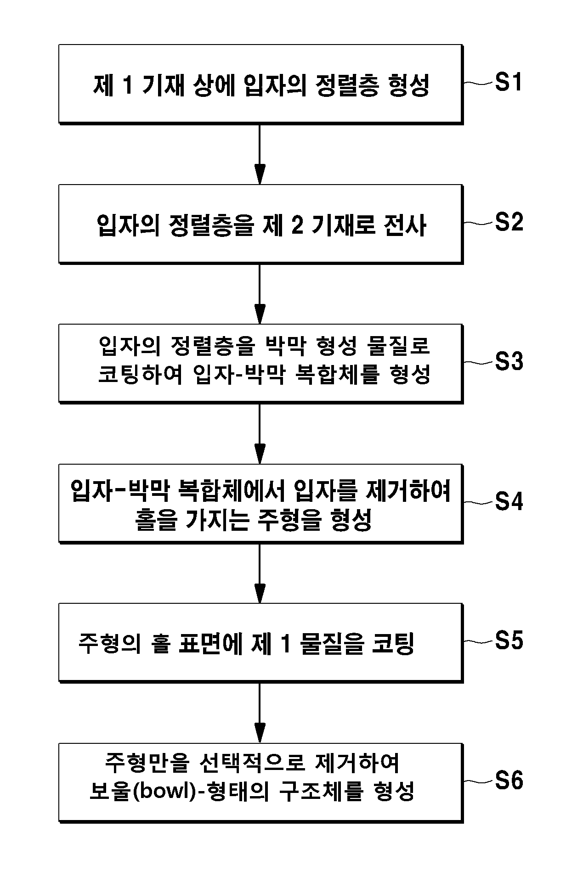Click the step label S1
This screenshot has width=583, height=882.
[509, 83]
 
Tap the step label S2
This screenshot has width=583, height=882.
[509, 222]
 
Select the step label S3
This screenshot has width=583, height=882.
[509, 362]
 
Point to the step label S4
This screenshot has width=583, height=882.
[509, 501]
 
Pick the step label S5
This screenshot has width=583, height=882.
[509, 640]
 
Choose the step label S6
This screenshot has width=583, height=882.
[509, 781]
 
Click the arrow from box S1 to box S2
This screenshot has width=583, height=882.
[260, 154]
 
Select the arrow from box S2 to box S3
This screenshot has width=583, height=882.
[260, 294]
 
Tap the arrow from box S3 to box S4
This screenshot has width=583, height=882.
[260, 434]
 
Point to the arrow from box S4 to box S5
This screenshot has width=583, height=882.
[260, 573]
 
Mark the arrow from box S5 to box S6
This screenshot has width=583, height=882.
[260, 713]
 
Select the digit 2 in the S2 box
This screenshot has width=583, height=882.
[297, 226]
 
